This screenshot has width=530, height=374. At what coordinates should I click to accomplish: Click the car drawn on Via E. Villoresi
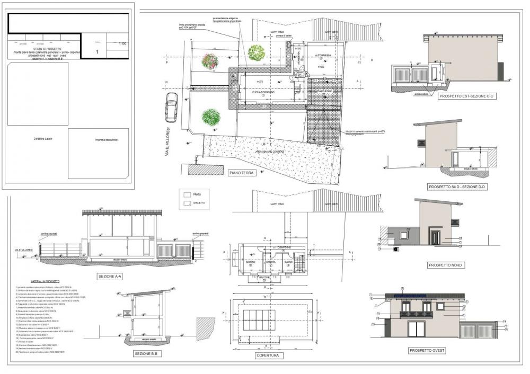point(172,108)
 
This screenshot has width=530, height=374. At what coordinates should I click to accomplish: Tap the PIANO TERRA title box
point(241,173)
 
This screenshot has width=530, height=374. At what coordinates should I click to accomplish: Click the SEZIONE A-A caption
point(110,277)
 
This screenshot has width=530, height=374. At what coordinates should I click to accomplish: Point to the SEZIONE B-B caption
point(145,353)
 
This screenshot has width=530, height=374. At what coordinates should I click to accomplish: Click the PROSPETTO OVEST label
point(427,350)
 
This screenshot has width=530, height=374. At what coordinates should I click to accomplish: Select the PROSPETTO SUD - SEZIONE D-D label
point(456,187)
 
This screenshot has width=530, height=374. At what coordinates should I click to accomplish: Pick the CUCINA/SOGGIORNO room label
point(262,91)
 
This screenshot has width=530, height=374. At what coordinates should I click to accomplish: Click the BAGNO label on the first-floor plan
point(289,262)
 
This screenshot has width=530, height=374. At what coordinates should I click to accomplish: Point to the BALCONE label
point(264,277)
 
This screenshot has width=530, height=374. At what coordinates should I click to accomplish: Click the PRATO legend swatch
point(187,194)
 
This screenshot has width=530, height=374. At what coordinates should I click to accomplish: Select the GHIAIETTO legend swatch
point(187,203)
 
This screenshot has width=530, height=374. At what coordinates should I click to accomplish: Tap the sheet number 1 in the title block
point(97,52)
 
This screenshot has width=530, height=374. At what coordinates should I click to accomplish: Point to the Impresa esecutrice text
point(106,140)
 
